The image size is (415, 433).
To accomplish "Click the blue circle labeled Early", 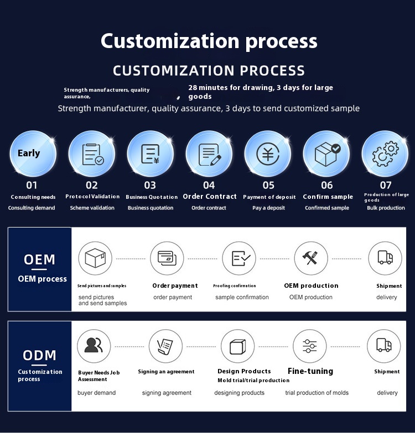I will (33, 154).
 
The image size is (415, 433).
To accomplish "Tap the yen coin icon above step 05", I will (268, 154).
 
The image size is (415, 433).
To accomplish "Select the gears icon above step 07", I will (385, 154).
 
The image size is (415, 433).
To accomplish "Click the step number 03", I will (150, 186).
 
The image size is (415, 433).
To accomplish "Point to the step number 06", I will (327, 186).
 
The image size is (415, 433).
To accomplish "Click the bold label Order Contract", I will (210, 197).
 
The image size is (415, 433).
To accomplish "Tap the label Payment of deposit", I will (269, 197).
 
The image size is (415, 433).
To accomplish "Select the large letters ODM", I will (40, 356).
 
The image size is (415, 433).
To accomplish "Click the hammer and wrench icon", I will (310, 258).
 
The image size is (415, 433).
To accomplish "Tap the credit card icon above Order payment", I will (167, 258).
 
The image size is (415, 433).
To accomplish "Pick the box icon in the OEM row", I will (95, 258).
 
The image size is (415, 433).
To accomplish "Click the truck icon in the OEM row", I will (385, 258).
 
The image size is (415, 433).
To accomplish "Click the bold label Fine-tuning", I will (310, 371).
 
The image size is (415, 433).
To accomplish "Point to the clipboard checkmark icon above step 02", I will (92, 154).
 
